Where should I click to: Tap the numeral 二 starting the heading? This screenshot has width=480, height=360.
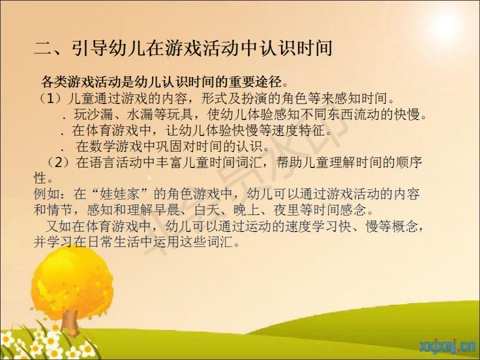(x=43, y=49)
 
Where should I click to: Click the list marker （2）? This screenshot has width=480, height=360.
(x=58, y=162)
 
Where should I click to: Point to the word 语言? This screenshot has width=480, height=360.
(x=102, y=162)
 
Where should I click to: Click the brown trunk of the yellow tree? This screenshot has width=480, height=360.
(x=71, y=322)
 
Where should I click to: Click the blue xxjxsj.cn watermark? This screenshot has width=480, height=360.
(x=447, y=346)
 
